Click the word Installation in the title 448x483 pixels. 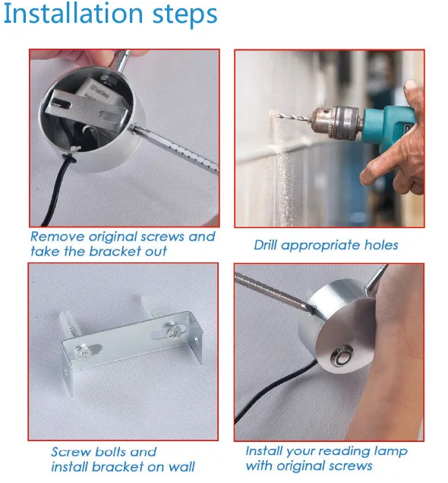tap(73, 14)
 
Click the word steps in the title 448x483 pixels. tap(185, 15)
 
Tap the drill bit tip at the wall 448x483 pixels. tap(276, 116)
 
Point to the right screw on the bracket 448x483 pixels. tap(173, 332)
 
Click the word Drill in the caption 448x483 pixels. tap(266, 245)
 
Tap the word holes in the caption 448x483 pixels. tap(381, 245)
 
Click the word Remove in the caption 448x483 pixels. tap(58, 237)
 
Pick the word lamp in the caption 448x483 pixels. tap(390, 452)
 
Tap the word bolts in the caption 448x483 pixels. tap(110, 452)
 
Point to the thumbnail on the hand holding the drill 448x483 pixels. tap(409, 86)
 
